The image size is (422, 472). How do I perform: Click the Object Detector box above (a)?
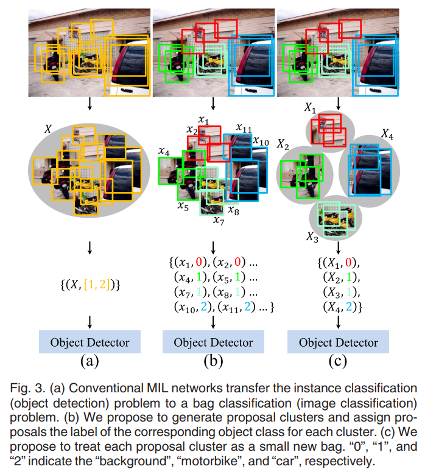click(90, 342)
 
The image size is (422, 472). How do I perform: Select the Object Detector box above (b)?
click(213, 342)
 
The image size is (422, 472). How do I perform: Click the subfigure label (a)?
click(90, 362)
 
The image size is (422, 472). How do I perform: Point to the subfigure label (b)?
click(213, 362)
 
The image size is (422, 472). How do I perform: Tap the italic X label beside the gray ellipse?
click(48, 129)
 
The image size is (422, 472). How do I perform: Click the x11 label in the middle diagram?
click(243, 130)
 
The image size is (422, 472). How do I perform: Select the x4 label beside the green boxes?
click(163, 151)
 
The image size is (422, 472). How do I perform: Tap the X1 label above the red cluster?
click(310, 108)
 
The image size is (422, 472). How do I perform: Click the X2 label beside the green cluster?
click(284, 144)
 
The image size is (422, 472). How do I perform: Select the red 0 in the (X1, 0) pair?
click(349, 264)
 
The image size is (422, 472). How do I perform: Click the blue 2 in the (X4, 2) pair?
click(350, 308)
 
